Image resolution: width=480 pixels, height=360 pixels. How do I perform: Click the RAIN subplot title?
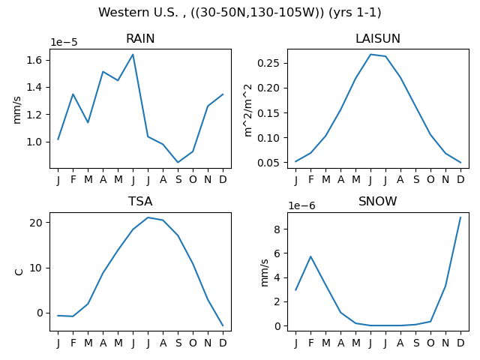pyautogui.click(x=140, y=38)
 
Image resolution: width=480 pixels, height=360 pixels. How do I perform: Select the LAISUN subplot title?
pyautogui.click(x=378, y=38)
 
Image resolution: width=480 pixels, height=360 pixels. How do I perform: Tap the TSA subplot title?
pyautogui.click(x=140, y=202)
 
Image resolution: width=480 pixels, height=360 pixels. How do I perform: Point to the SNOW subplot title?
pyautogui.click(x=378, y=202)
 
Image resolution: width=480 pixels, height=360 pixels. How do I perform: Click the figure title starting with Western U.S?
pyautogui.click(x=240, y=13)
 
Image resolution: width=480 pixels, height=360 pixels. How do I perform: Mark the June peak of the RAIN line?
pyautogui.click(x=133, y=55)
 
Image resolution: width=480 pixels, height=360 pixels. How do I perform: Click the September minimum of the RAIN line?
pyautogui.click(x=178, y=162)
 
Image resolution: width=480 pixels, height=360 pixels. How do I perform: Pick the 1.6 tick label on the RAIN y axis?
pyautogui.click(x=34, y=60)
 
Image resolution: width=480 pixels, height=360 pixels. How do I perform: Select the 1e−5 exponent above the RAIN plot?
pyautogui.click(x=64, y=42)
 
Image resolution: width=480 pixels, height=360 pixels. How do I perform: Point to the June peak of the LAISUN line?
pyautogui.click(x=370, y=55)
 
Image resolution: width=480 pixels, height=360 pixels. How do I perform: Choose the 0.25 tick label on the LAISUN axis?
pyautogui.click(x=268, y=63)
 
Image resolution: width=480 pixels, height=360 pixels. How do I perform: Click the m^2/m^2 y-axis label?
pyautogui.click(x=248, y=110)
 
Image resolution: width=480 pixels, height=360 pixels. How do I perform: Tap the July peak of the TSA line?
pyautogui.click(x=148, y=217)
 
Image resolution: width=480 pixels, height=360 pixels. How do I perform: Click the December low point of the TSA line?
pyautogui.click(x=223, y=325)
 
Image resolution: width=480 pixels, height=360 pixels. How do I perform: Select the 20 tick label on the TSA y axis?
pyautogui.click(x=35, y=223)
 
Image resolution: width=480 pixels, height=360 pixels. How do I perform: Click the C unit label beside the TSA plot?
pyautogui.click(x=19, y=271)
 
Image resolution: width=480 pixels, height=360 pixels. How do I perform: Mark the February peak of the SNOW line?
pyautogui.click(x=310, y=256)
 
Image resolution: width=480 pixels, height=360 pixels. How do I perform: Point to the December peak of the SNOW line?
pyautogui.click(x=460, y=217)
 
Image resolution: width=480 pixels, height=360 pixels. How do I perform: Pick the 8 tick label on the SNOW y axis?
pyautogui.click(x=277, y=229)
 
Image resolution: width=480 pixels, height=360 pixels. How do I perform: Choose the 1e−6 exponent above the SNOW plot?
pyautogui.click(x=301, y=205)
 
